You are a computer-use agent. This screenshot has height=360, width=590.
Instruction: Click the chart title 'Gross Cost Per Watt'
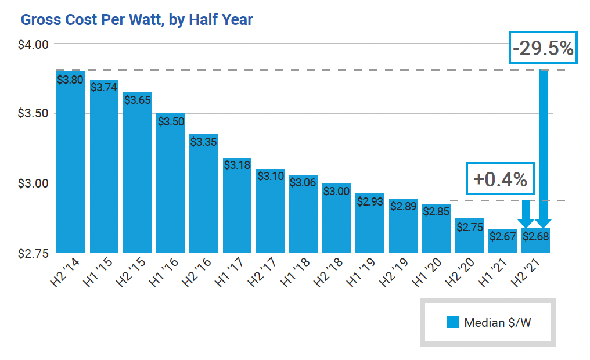point(136,20)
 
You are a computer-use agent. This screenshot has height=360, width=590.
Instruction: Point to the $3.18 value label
point(237,164)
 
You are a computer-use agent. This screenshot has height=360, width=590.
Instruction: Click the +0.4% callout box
point(500,179)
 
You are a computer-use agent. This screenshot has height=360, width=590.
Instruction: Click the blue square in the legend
point(453,322)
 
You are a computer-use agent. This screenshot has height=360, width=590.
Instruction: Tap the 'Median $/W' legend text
point(498,323)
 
